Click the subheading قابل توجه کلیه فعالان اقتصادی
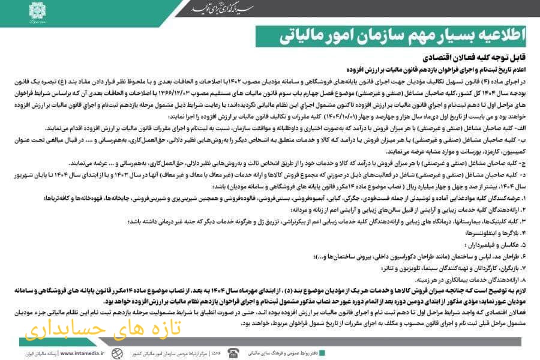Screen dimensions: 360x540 click(482, 59)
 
